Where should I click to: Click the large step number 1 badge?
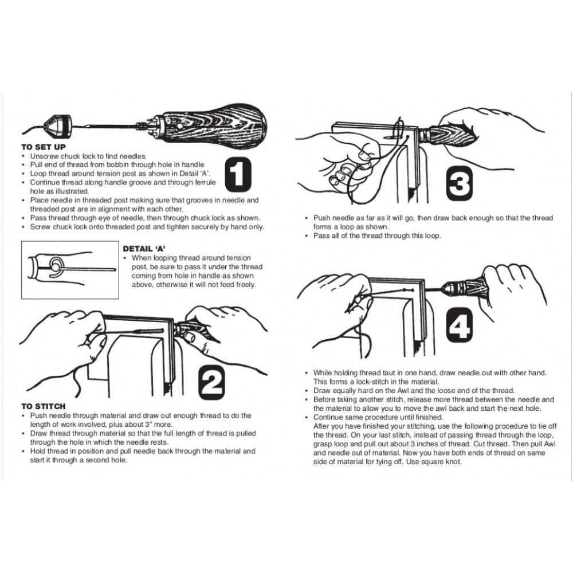coord(238,174)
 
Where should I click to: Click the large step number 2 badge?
coord(211,382)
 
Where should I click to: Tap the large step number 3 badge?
coord(460,183)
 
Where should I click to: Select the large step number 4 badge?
coord(460,325)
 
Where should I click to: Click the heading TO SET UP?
coord(44,147)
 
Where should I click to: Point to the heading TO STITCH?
coord(44,406)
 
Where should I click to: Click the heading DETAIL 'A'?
coord(144,249)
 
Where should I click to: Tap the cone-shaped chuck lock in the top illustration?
coord(57,124)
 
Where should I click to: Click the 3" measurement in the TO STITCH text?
coord(150,424)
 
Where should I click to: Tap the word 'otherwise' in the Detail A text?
coord(171,285)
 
